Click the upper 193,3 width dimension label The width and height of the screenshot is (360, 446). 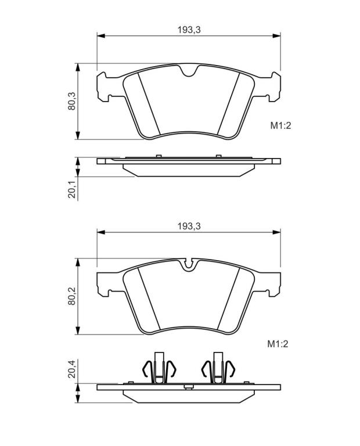click(189, 30)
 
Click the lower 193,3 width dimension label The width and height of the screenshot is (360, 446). click(189, 226)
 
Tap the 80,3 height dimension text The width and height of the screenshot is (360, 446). click(71, 101)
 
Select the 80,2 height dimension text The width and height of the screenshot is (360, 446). click(71, 296)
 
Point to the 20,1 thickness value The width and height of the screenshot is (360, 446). click(71, 189)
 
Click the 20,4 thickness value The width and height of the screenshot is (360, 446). click(71, 369)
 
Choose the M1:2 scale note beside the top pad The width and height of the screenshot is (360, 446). click(280, 125)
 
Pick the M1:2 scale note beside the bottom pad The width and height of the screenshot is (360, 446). click(278, 344)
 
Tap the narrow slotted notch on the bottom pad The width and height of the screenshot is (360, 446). click(188, 264)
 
